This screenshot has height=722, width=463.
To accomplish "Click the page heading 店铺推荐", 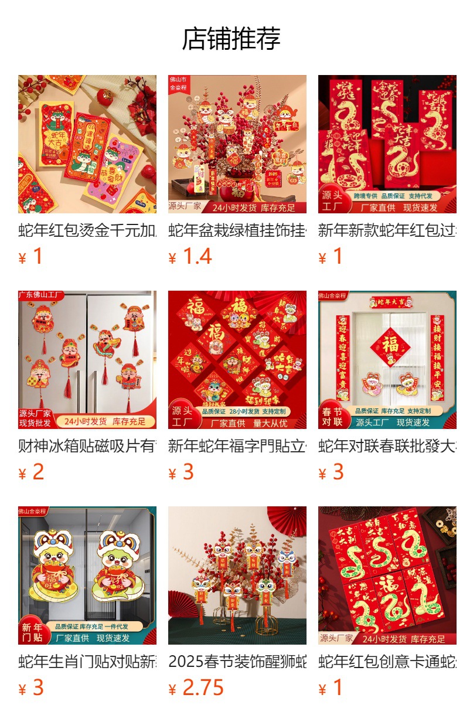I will pyautogui.click(x=231, y=39).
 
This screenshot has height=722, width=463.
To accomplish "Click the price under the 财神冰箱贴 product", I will pyautogui.click(x=38, y=472).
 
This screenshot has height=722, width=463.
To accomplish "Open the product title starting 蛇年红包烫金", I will pyautogui.click(x=87, y=230).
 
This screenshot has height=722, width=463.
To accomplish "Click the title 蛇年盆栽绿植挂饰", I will pyautogui.click(x=237, y=230).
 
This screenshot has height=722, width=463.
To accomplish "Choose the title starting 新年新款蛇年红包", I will pyautogui.click(x=387, y=230).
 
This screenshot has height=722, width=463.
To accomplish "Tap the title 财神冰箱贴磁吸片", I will pyautogui.click(x=87, y=446).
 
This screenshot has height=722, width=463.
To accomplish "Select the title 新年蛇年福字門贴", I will pyautogui.click(x=237, y=446).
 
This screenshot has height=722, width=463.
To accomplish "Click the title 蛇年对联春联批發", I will pyautogui.click(x=387, y=446).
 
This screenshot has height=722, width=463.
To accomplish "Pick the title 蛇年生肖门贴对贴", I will pyautogui.click(x=87, y=662).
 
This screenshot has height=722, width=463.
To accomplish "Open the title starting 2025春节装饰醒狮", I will pyautogui.click(x=237, y=662).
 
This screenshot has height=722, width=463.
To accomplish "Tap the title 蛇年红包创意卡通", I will pyautogui.click(x=387, y=662).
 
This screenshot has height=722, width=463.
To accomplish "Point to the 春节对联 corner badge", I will pyautogui.click(x=332, y=416).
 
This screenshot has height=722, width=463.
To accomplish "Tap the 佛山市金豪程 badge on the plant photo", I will pyautogui.click(x=178, y=83).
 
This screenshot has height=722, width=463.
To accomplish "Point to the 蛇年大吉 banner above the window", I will pyautogui.click(x=390, y=302).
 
